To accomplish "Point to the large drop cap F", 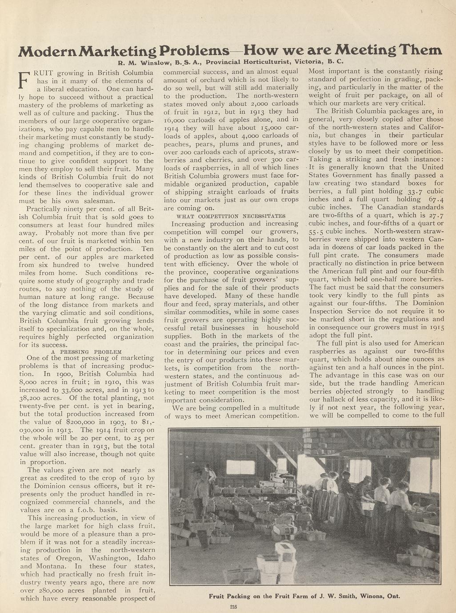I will (x=24, y=80).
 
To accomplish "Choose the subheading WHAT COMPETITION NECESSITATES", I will (x=231, y=216).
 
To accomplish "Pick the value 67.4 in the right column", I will (x=434, y=199).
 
